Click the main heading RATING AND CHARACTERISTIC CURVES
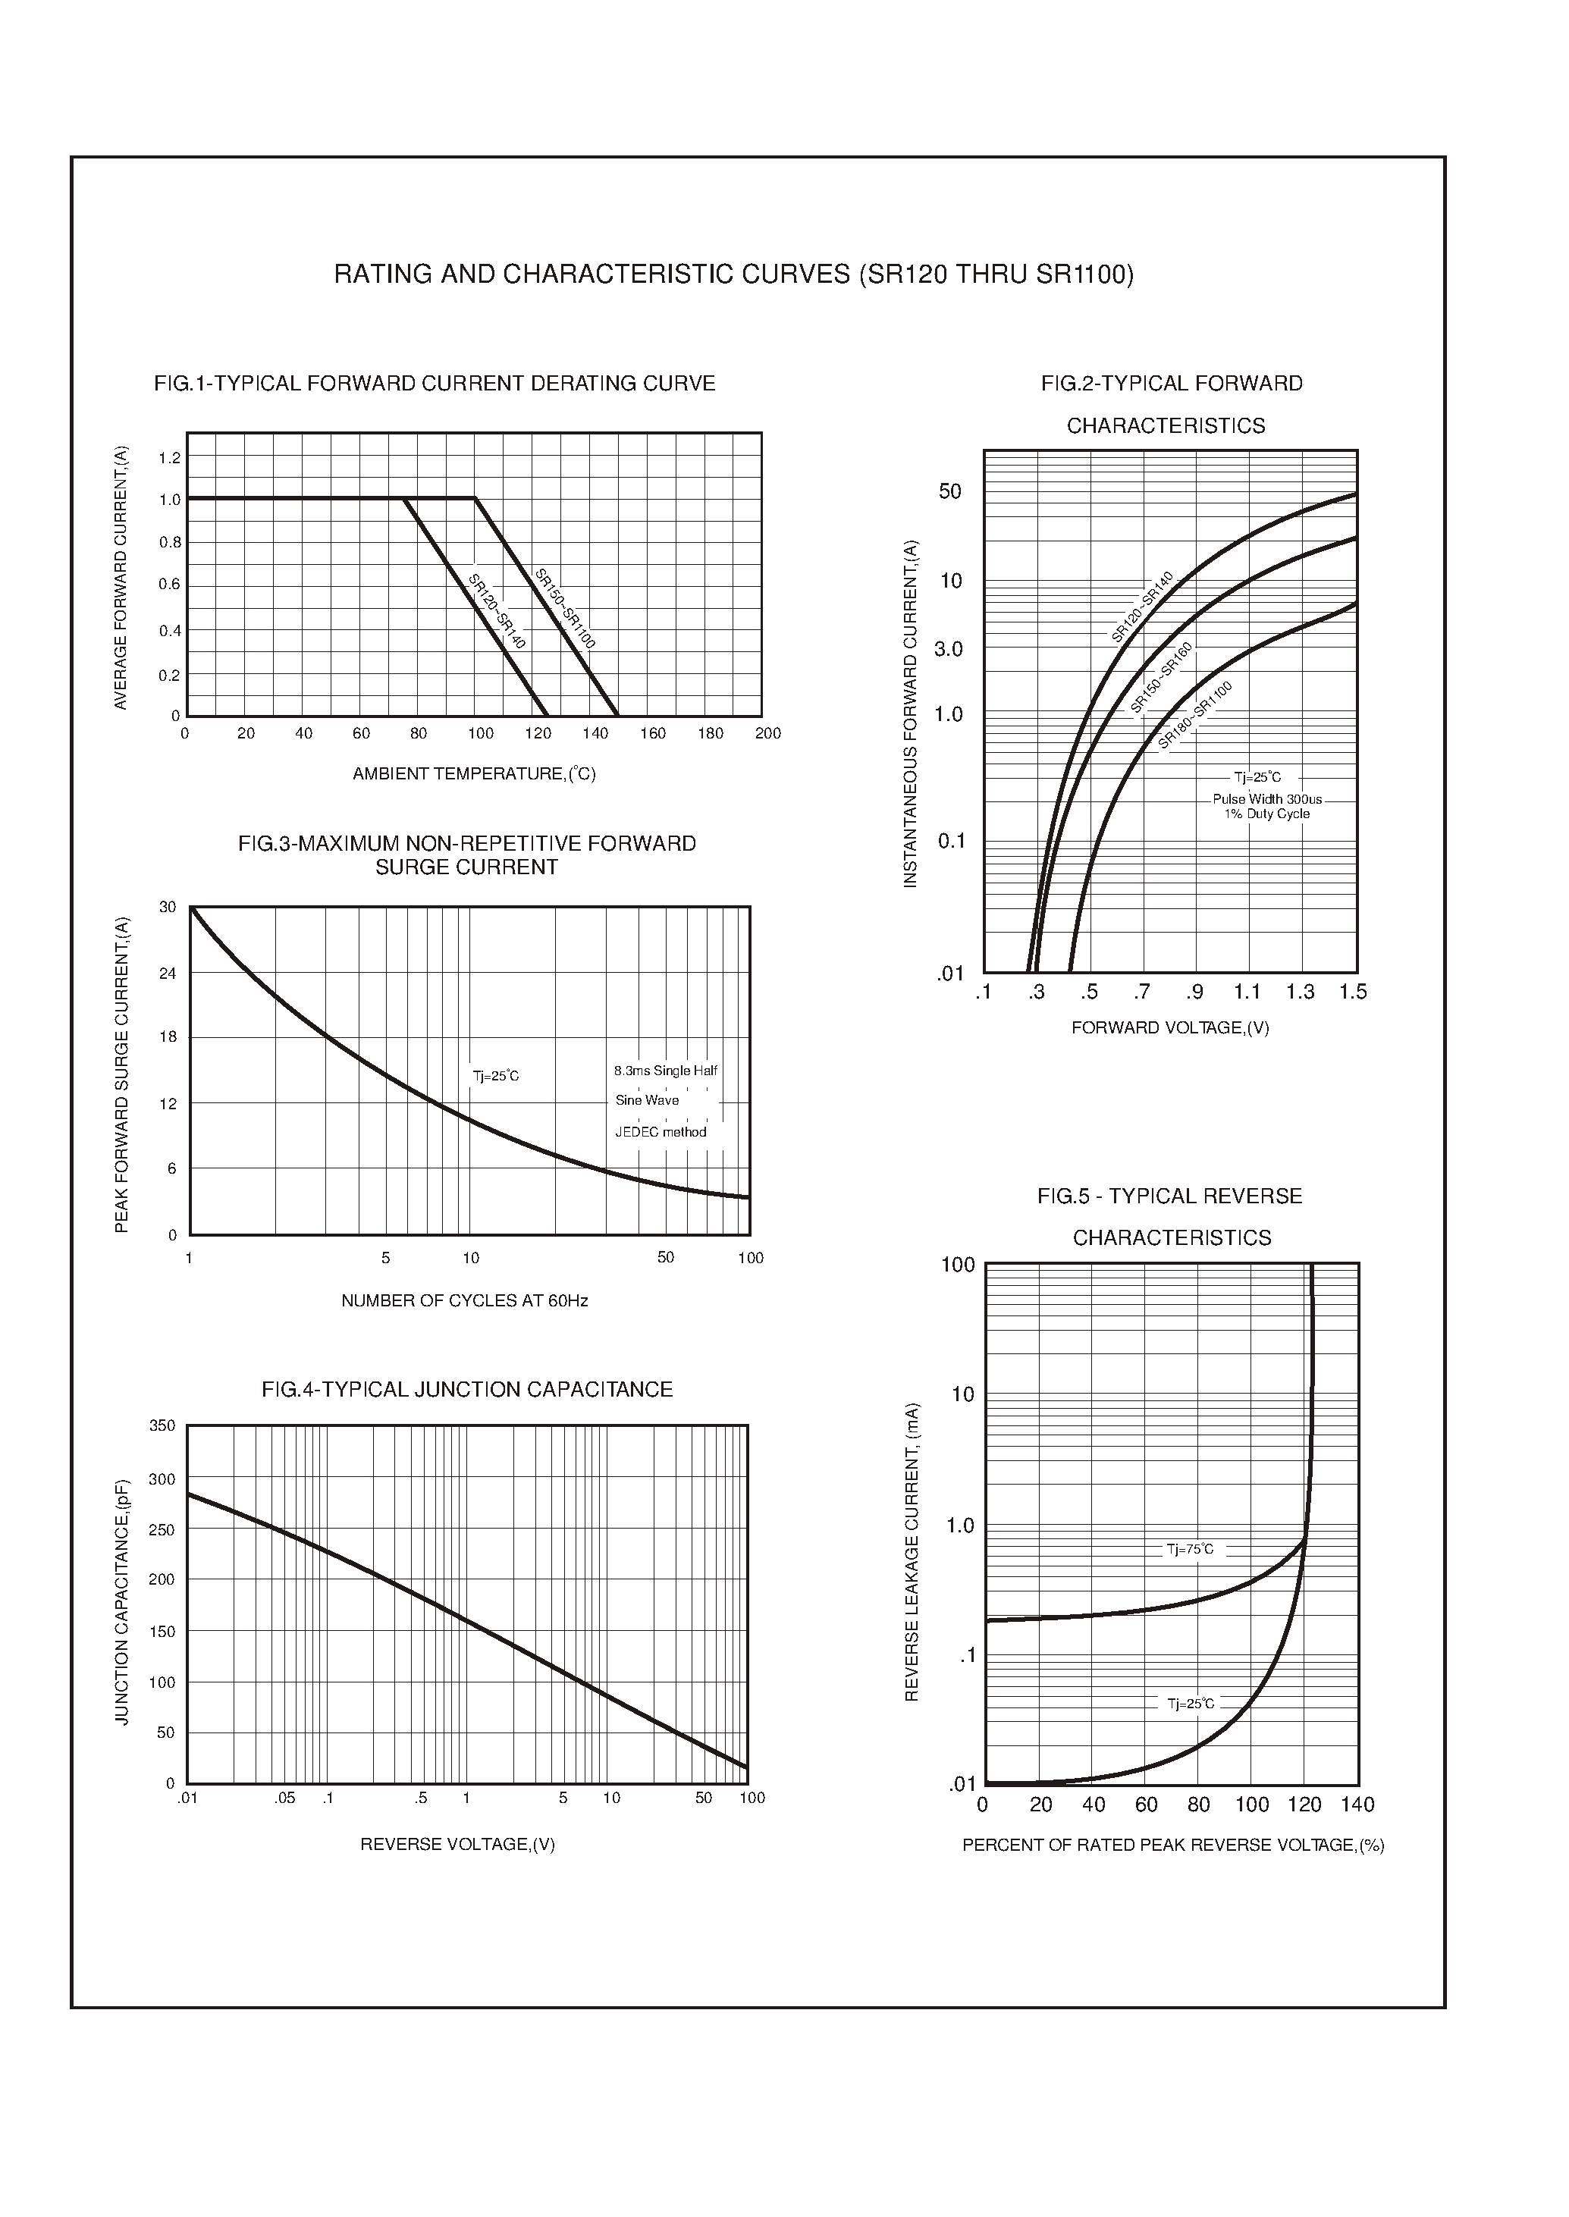point(733,275)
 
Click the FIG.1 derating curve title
point(434,384)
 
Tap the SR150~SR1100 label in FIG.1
point(565,609)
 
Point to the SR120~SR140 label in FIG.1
point(497,611)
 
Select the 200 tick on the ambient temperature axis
point(768,733)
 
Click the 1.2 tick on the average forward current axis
point(170,458)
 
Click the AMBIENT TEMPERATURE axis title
point(473,774)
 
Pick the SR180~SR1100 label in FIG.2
point(1195,715)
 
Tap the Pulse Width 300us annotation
point(1266,799)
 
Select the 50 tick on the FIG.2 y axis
point(951,492)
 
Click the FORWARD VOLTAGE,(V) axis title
point(1170,1028)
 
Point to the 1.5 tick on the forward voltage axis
point(1353,992)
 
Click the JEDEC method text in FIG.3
point(661,1132)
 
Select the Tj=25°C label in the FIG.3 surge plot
point(496,1076)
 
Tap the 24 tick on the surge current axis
point(168,973)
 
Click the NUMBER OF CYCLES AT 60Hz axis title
point(465,1301)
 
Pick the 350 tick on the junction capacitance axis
point(162,1426)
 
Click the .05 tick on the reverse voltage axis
point(284,1798)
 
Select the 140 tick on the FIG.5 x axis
point(1357,1805)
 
